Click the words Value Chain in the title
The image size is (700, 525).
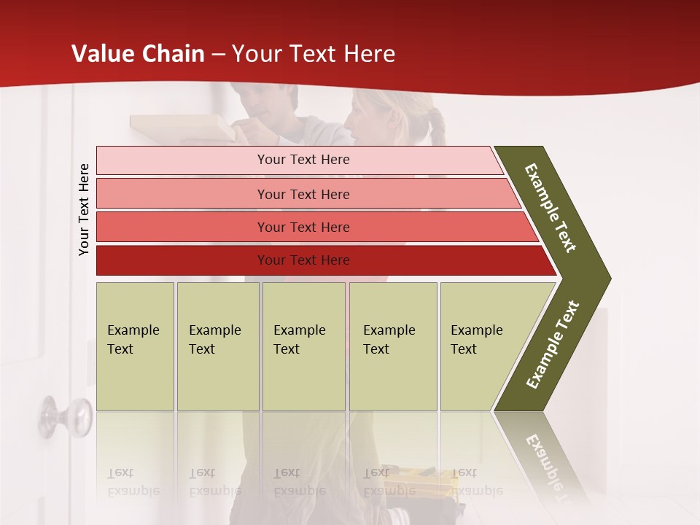(x=138, y=54)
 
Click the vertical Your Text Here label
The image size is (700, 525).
(x=84, y=209)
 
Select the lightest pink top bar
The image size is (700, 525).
(x=219, y=160)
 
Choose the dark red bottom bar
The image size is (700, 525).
(x=182, y=260)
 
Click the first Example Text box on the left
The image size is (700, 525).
(x=135, y=346)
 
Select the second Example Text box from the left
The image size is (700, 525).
(x=218, y=346)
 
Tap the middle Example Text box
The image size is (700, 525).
(x=303, y=346)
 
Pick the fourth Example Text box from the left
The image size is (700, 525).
(x=393, y=346)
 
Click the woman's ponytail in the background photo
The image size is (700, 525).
(x=438, y=128)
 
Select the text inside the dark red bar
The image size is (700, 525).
(x=303, y=260)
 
